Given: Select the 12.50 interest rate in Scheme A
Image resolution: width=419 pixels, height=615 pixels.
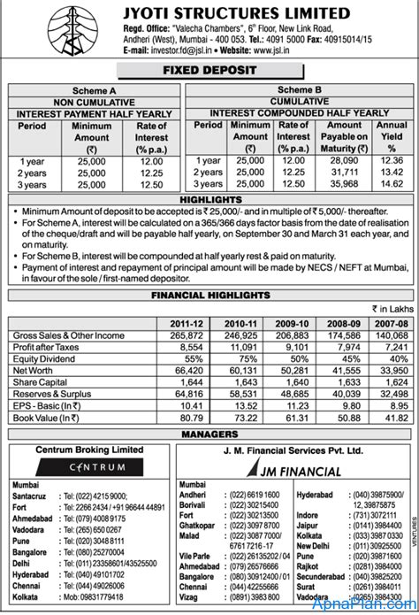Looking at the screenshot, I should pyautogui.click(x=152, y=184).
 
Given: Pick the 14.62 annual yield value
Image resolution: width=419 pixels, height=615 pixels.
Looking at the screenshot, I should pyautogui.click(x=392, y=184).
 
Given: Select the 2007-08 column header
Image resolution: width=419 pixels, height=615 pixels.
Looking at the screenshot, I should pyautogui.click(x=389, y=324).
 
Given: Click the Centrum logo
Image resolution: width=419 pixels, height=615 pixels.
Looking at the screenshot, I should pyautogui.click(x=88, y=466).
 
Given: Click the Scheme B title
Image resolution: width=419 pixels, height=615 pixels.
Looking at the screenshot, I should pyautogui.click(x=302, y=90).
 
